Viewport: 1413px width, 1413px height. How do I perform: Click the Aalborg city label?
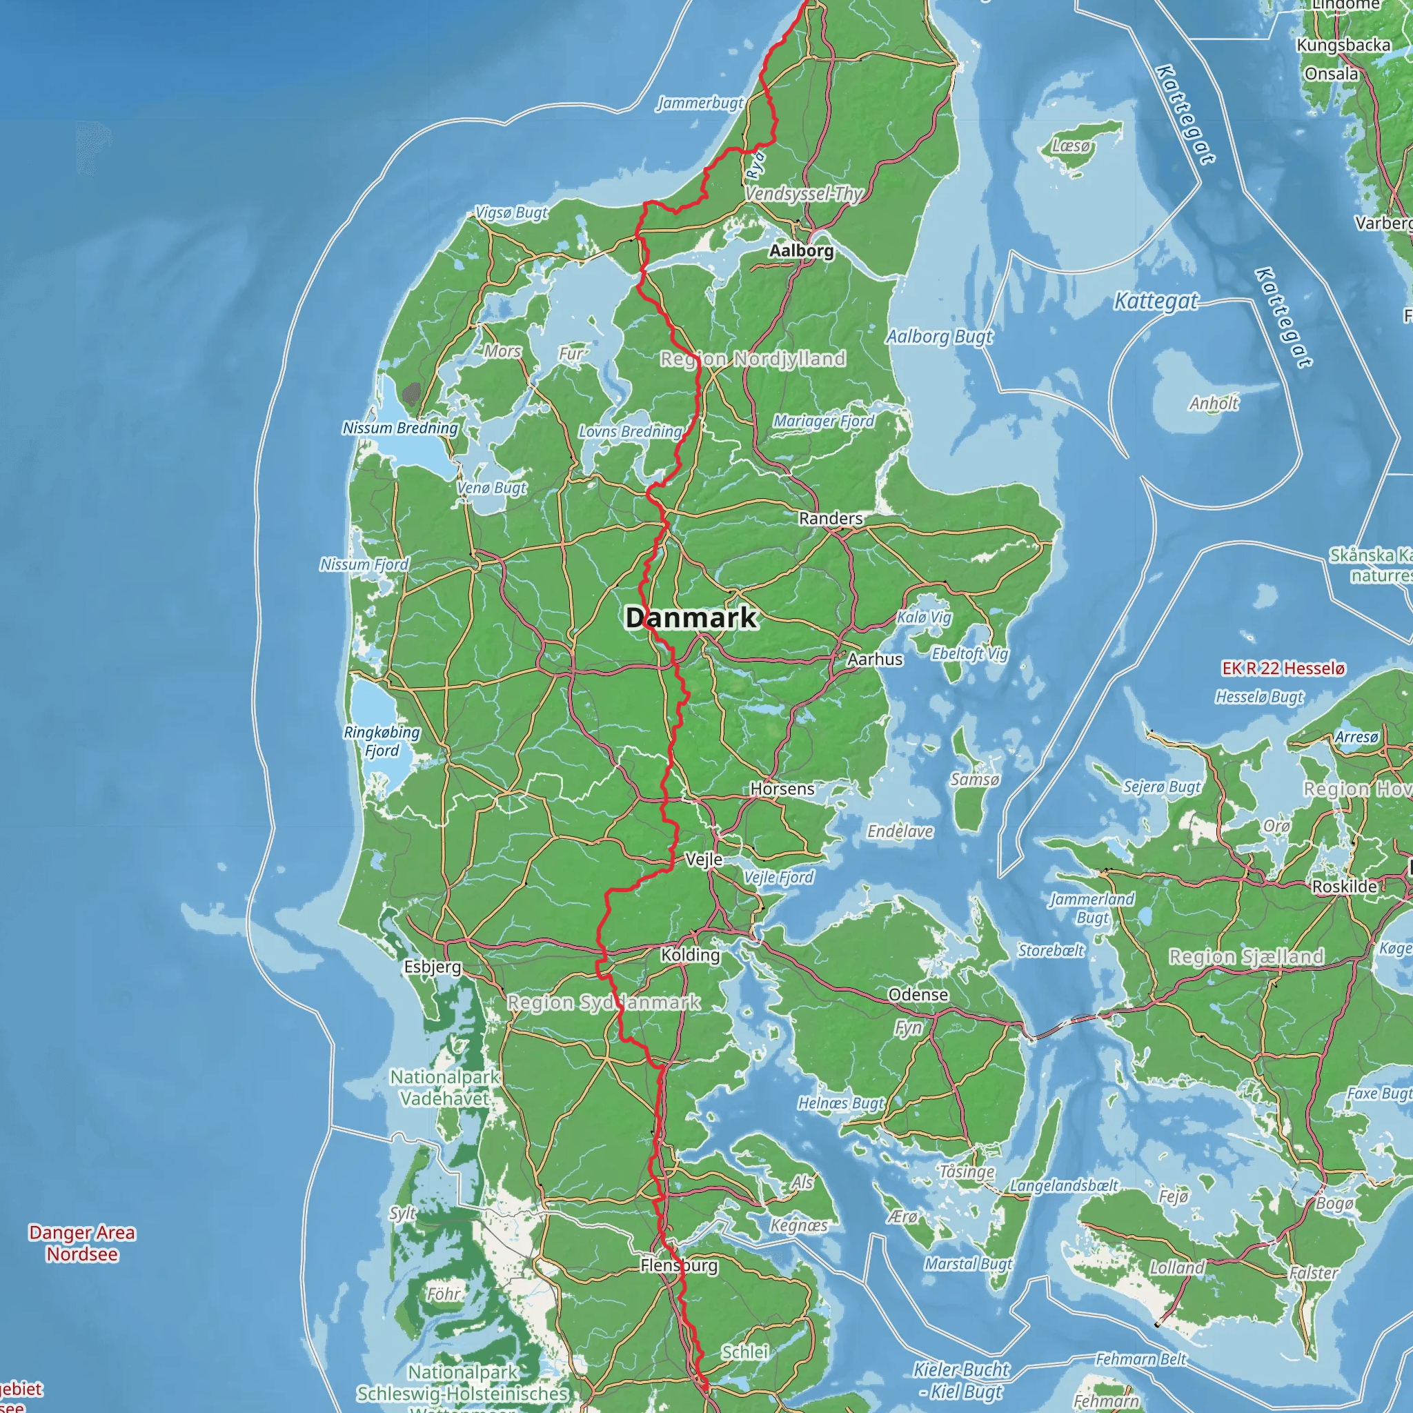click(801, 251)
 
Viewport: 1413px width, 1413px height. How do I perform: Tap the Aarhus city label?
click(875, 659)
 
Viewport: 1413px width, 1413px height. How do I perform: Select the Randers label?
click(830, 519)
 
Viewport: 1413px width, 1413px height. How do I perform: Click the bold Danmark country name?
click(691, 617)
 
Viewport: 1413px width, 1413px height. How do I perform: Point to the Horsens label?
click(782, 789)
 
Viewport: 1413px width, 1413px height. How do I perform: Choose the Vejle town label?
click(704, 860)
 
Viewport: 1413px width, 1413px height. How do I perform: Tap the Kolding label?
click(690, 954)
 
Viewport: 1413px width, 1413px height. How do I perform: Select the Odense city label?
click(918, 995)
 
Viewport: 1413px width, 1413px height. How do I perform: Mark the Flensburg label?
click(679, 1265)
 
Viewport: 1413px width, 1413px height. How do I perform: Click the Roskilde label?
click(1344, 887)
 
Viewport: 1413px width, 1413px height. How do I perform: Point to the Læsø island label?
click(1071, 146)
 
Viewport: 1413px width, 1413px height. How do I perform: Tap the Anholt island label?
click(1214, 404)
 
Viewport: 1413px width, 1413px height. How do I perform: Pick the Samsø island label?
click(974, 780)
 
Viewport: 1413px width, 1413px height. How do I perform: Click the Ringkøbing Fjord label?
click(382, 741)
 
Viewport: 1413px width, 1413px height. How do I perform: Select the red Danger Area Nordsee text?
click(82, 1243)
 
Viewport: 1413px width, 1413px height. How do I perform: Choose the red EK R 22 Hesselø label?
click(1283, 668)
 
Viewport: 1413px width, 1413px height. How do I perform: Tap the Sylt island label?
click(402, 1214)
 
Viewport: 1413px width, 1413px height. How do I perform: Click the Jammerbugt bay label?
click(700, 103)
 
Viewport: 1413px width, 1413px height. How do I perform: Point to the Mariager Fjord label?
click(824, 422)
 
